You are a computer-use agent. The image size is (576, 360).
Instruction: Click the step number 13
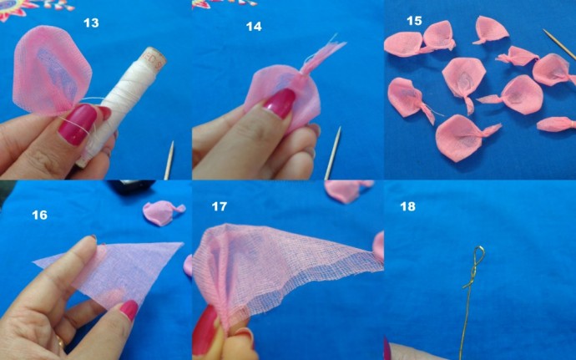pyautogui.click(x=91, y=23)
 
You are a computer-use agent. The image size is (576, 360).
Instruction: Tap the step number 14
pyautogui.click(x=254, y=27)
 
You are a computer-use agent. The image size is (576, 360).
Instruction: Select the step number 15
pyautogui.click(x=415, y=20)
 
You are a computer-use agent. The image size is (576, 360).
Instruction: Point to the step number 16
pyautogui.click(x=39, y=215)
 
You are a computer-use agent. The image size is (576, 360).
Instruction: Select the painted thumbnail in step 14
pyautogui.click(x=279, y=103)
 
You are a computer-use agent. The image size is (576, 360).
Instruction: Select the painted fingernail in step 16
pyautogui.click(x=129, y=310)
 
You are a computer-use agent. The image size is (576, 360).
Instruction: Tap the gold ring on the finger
pyautogui.click(x=59, y=343)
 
